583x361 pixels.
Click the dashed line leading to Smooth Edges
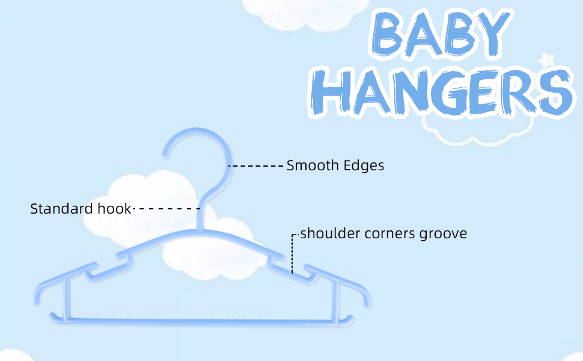[255, 165]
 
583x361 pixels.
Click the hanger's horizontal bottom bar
[198, 317]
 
